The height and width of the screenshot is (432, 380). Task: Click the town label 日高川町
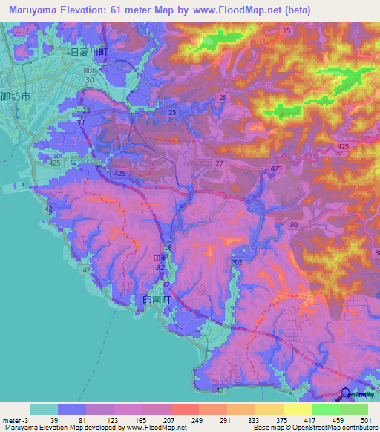[x=89, y=53]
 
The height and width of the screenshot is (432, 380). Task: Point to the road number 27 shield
[x=219, y=163]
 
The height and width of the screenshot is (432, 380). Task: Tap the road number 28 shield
[x=167, y=247]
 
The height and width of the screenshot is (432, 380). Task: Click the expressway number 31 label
[x=82, y=123]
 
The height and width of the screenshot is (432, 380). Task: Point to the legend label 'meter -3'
[x=16, y=419]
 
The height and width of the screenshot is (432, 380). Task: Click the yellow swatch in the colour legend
[x=297, y=409]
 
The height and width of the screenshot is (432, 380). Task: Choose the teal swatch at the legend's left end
[x=43, y=409]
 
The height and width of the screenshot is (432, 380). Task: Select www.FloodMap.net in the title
[x=228, y=10]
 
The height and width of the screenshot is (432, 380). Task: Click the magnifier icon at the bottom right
[x=346, y=395]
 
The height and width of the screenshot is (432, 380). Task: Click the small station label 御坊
[x=91, y=71]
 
